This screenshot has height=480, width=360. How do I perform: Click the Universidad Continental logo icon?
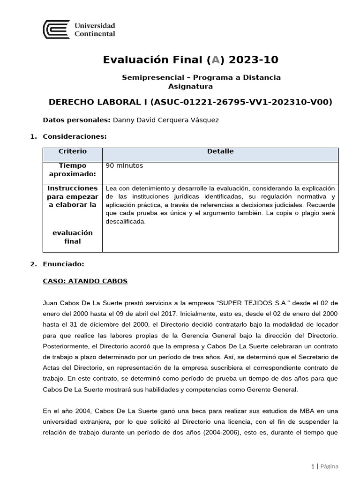coord(56,29)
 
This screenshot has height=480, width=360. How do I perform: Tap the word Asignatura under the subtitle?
coord(190,86)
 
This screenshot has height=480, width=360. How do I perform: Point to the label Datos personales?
coord(76,120)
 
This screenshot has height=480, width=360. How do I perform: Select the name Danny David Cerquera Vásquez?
coord(165,120)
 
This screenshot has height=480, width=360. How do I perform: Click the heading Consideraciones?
coord(75,136)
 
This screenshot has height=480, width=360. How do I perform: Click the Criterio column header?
coord(72,151)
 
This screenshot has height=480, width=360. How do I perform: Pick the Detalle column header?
coord(220,151)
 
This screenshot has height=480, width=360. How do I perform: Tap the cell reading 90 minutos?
coord(125,166)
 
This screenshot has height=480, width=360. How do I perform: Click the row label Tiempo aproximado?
coord(72,170)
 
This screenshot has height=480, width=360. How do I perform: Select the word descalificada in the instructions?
coord(126,222)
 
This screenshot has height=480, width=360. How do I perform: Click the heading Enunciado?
coord(63,264)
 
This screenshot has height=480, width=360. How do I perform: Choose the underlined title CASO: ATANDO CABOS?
coord(85,281)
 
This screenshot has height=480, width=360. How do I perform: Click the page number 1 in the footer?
coord(313,466)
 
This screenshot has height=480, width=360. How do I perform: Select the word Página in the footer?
coord(330,466)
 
